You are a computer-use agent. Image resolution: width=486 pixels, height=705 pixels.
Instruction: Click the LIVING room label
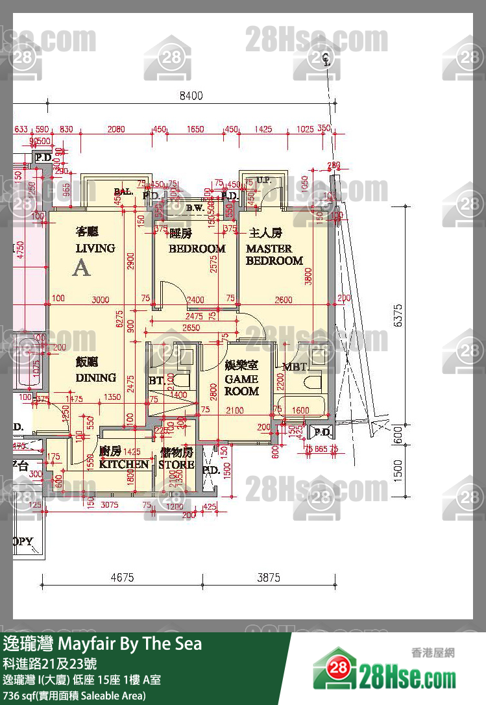click(x=95, y=248)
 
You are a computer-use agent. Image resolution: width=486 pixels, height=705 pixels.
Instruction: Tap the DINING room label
click(x=96, y=378)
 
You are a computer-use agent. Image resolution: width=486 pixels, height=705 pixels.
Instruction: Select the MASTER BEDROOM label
click(x=274, y=254)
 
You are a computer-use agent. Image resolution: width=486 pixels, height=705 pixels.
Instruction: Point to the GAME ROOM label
click(x=241, y=385)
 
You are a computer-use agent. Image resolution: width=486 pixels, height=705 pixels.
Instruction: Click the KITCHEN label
click(x=123, y=464)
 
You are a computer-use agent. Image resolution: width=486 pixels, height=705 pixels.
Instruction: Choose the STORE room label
click(x=176, y=464)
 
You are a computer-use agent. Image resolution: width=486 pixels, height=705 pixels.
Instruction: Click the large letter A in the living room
click(x=82, y=267)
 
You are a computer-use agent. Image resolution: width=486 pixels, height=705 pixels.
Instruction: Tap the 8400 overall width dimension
click(x=191, y=95)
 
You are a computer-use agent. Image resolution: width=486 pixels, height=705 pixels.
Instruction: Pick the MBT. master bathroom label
click(x=295, y=367)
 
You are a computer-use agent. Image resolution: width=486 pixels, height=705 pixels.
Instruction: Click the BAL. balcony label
click(x=123, y=192)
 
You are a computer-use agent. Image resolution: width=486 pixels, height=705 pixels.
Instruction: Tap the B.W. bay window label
click(x=195, y=208)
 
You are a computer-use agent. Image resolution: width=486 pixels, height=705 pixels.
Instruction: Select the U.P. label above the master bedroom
click(x=263, y=180)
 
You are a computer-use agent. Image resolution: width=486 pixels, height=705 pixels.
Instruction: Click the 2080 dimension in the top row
click(x=116, y=129)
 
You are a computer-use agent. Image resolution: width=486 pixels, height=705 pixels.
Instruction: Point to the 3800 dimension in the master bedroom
click(x=310, y=276)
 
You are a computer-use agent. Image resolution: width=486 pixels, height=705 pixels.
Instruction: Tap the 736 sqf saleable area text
click(x=74, y=695)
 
